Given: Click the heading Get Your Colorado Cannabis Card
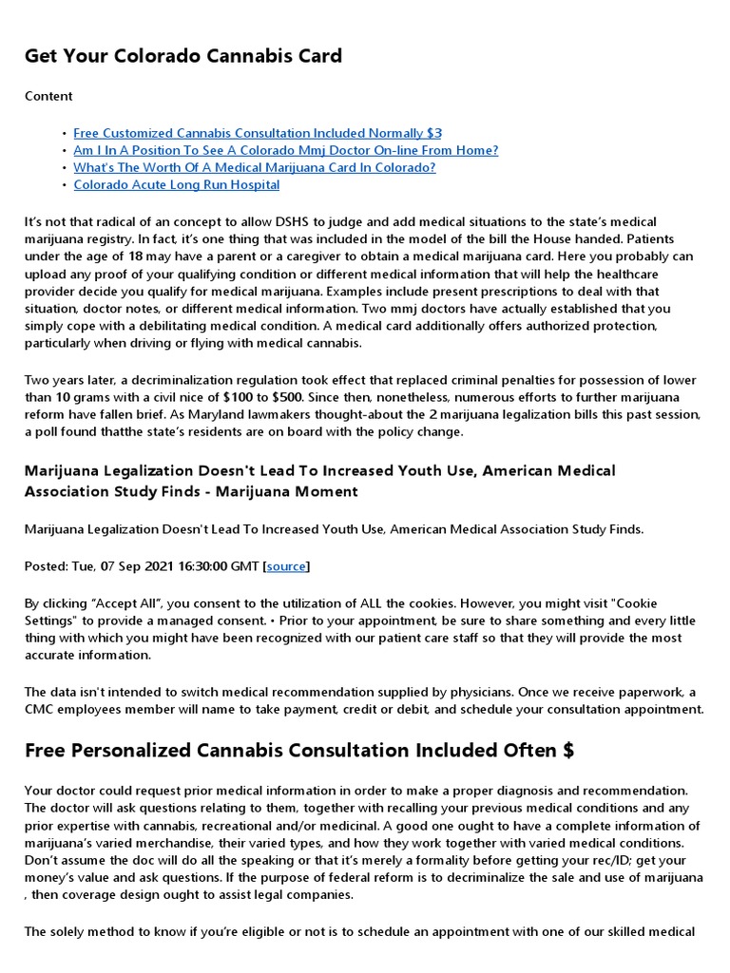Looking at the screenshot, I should (182, 56).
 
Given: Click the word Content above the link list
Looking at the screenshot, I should (48, 96).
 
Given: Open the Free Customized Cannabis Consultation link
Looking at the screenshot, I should (257, 133).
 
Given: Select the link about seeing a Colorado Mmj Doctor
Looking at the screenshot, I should (285, 150).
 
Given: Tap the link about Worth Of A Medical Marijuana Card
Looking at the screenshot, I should (254, 167).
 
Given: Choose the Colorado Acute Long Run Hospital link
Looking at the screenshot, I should (176, 184).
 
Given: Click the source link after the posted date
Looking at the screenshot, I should (286, 566).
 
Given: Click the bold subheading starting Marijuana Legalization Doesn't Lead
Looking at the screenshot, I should (319, 481).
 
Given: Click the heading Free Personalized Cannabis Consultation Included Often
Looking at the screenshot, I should (298, 751).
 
